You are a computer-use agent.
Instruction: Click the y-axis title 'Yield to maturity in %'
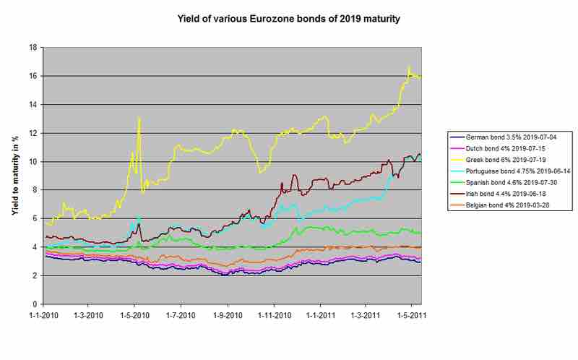pos(14,176)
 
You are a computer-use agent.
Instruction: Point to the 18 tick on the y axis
pos(33,47)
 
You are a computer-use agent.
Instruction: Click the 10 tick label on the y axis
pos(33,161)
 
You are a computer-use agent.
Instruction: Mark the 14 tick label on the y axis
pos(33,104)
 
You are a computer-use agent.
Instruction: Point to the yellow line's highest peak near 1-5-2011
pos(409,67)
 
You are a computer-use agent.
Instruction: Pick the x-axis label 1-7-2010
pos(181,316)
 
